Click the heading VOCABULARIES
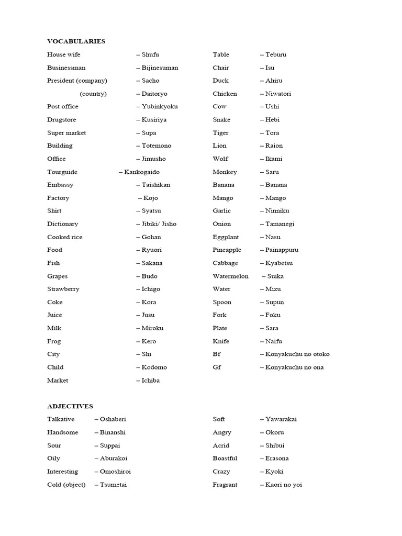coord(76,41)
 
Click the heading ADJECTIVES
coord(70,406)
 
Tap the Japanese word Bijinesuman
coord(160,68)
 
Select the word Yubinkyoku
coord(160,106)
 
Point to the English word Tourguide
coord(62,172)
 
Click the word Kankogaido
coord(142,172)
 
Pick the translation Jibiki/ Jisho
coord(159,224)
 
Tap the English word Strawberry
coord(63,289)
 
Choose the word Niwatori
coord(278,94)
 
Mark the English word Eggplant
coord(226,237)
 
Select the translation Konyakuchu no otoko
coord(297,354)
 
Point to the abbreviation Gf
coord(217,367)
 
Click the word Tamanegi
coord(280,224)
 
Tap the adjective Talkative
coord(61,419)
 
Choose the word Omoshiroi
coord(115,471)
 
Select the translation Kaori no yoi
coord(284,484)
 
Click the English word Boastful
coord(225,458)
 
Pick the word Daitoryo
coord(155,94)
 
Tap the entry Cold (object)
coord(66,484)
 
